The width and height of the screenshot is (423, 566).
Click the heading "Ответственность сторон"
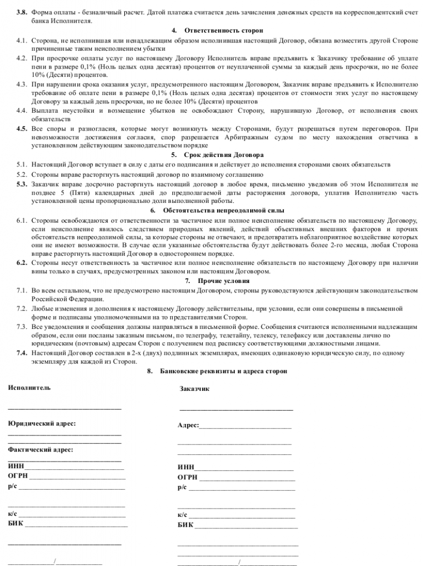point(224,30)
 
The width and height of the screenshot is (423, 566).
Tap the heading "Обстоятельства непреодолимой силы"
point(224,211)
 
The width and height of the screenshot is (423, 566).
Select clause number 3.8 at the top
point(22,12)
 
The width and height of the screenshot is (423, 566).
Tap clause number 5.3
point(22,184)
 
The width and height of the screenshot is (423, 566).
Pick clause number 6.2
point(22,263)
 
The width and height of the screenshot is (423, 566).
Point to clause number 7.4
point(22,352)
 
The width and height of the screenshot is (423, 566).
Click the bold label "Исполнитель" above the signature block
point(29,387)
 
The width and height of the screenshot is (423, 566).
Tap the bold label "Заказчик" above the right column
point(194,389)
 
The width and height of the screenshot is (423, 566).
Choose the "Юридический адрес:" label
point(42,423)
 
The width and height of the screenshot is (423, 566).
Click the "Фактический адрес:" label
point(40,449)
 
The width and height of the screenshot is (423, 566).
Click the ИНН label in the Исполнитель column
point(16,467)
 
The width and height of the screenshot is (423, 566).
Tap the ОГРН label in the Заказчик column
point(187,477)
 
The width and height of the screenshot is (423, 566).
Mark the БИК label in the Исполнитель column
point(15,523)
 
